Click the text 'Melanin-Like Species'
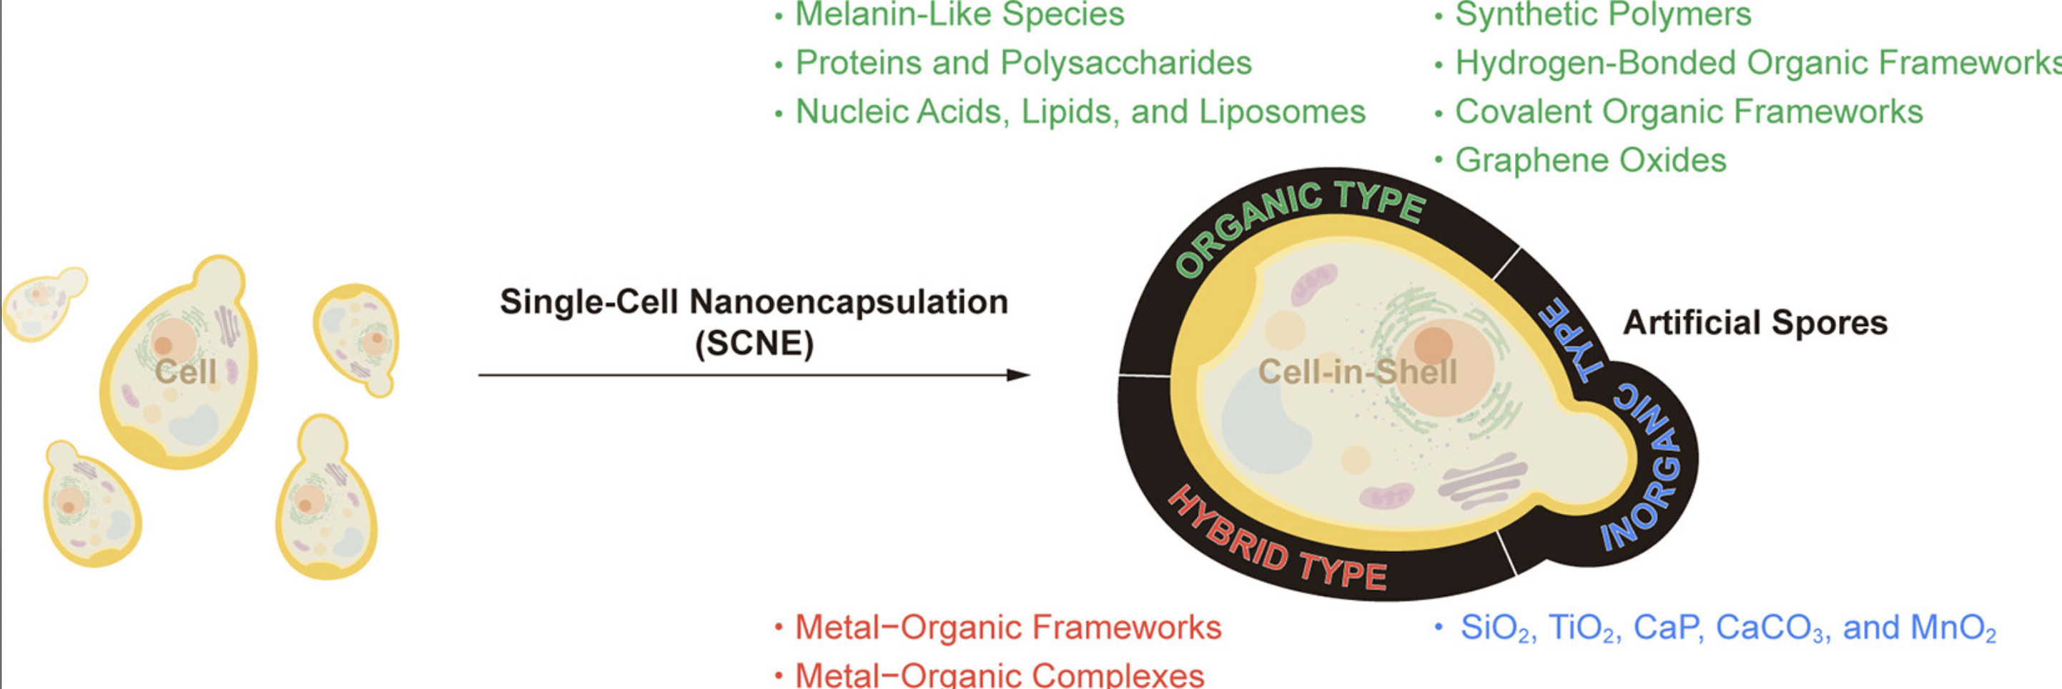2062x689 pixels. [x=959, y=14]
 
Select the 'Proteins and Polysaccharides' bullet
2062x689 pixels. [x=1023, y=63]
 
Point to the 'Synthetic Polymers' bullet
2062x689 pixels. [x=1602, y=14]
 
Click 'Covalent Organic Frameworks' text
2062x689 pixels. [x=1688, y=112]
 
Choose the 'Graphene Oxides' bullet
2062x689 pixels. [x=1589, y=161]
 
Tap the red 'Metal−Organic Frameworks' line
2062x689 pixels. [x=1008, y=628]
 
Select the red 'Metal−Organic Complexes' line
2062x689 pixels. [x=999, y=675]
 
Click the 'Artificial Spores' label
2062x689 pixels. [x=1755, y=322]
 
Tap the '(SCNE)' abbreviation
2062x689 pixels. [x=754, y=343]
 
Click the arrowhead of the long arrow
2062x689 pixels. [x=1018, y=375]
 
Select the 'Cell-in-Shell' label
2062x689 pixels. [x=1358, y=372]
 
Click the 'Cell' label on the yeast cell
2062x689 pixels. [x=186, y=372]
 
